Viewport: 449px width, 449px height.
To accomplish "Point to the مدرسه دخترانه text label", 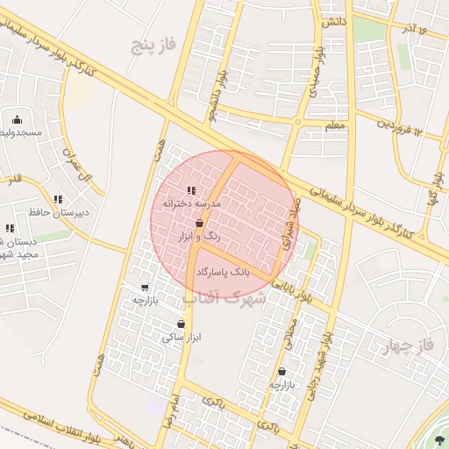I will [x=191, y=203].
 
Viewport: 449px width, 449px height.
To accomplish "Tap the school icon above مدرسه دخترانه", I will [x=192, y=190].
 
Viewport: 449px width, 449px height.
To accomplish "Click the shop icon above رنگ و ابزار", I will [x=203, y=224].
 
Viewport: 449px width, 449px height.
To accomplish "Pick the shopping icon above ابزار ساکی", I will [x=181, y=324].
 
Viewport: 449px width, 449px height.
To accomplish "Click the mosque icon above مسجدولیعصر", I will [x=17, y=120].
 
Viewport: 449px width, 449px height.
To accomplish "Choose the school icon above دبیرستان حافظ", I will [x=58, y=199].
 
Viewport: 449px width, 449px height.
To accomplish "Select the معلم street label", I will [x=335, y=126].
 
